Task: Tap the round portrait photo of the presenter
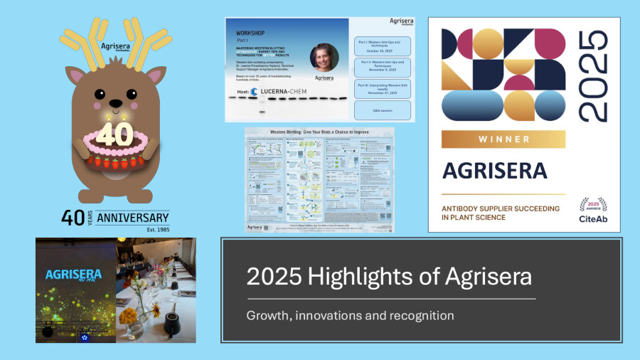(324, 57)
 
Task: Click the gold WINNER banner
(503, 139)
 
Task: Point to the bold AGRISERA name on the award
(494, 171)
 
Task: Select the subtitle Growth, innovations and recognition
(350, 314)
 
